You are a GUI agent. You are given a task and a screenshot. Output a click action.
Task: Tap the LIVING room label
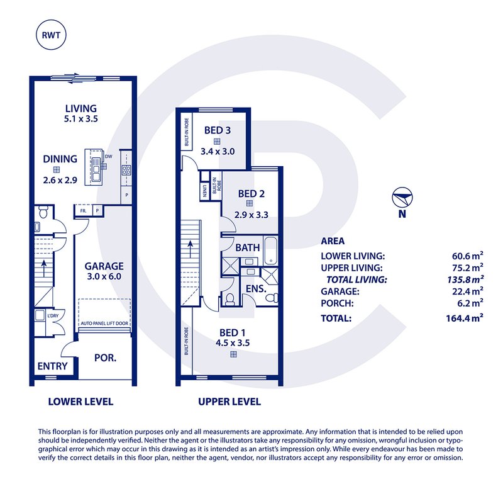(81, 108)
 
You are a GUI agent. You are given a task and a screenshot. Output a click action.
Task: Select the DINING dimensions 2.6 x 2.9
(60, 180)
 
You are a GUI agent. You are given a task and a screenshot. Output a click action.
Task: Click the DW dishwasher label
(108, 156)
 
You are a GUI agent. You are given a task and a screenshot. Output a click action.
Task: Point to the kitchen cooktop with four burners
(126, 170)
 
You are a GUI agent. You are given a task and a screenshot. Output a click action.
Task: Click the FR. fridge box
(84, 211)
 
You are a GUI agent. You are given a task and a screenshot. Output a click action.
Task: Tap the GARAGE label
(104, 266)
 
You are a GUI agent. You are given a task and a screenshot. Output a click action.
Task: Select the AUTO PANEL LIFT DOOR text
(104, 324)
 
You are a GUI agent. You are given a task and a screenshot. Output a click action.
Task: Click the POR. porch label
(105, 358)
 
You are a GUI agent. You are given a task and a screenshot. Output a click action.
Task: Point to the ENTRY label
(52, 366)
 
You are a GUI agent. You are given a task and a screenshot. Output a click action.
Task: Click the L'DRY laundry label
(53, 316)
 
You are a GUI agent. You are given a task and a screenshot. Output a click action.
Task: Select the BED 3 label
(217, 130)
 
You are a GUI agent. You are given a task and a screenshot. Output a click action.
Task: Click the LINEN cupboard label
(204, 191)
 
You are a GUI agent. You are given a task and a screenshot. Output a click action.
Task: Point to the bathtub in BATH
(271, 251)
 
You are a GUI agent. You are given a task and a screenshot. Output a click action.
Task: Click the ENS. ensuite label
(256, 289)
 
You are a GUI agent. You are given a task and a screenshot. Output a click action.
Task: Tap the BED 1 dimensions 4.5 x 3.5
(233, 343)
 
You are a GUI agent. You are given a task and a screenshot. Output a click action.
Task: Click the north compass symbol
(402, 197)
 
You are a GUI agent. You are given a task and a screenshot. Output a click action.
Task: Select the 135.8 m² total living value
(465, 279)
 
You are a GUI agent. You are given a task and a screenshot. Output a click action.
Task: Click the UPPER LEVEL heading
(229, 402)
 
